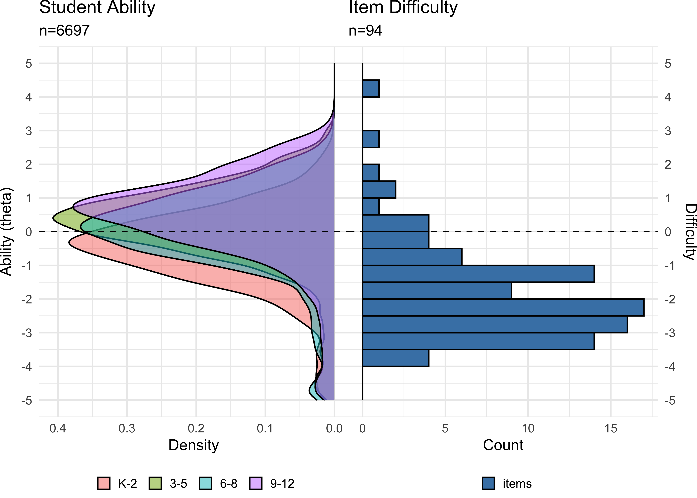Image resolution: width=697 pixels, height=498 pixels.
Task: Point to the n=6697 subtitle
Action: pos(64,31)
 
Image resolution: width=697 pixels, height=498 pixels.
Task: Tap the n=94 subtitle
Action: pos(365,31)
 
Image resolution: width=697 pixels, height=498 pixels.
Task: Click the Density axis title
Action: pos(194,445)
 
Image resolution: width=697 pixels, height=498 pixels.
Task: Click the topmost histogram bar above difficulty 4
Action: pos(371,89)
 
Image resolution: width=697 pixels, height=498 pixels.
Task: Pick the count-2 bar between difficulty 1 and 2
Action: pos(379,190)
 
